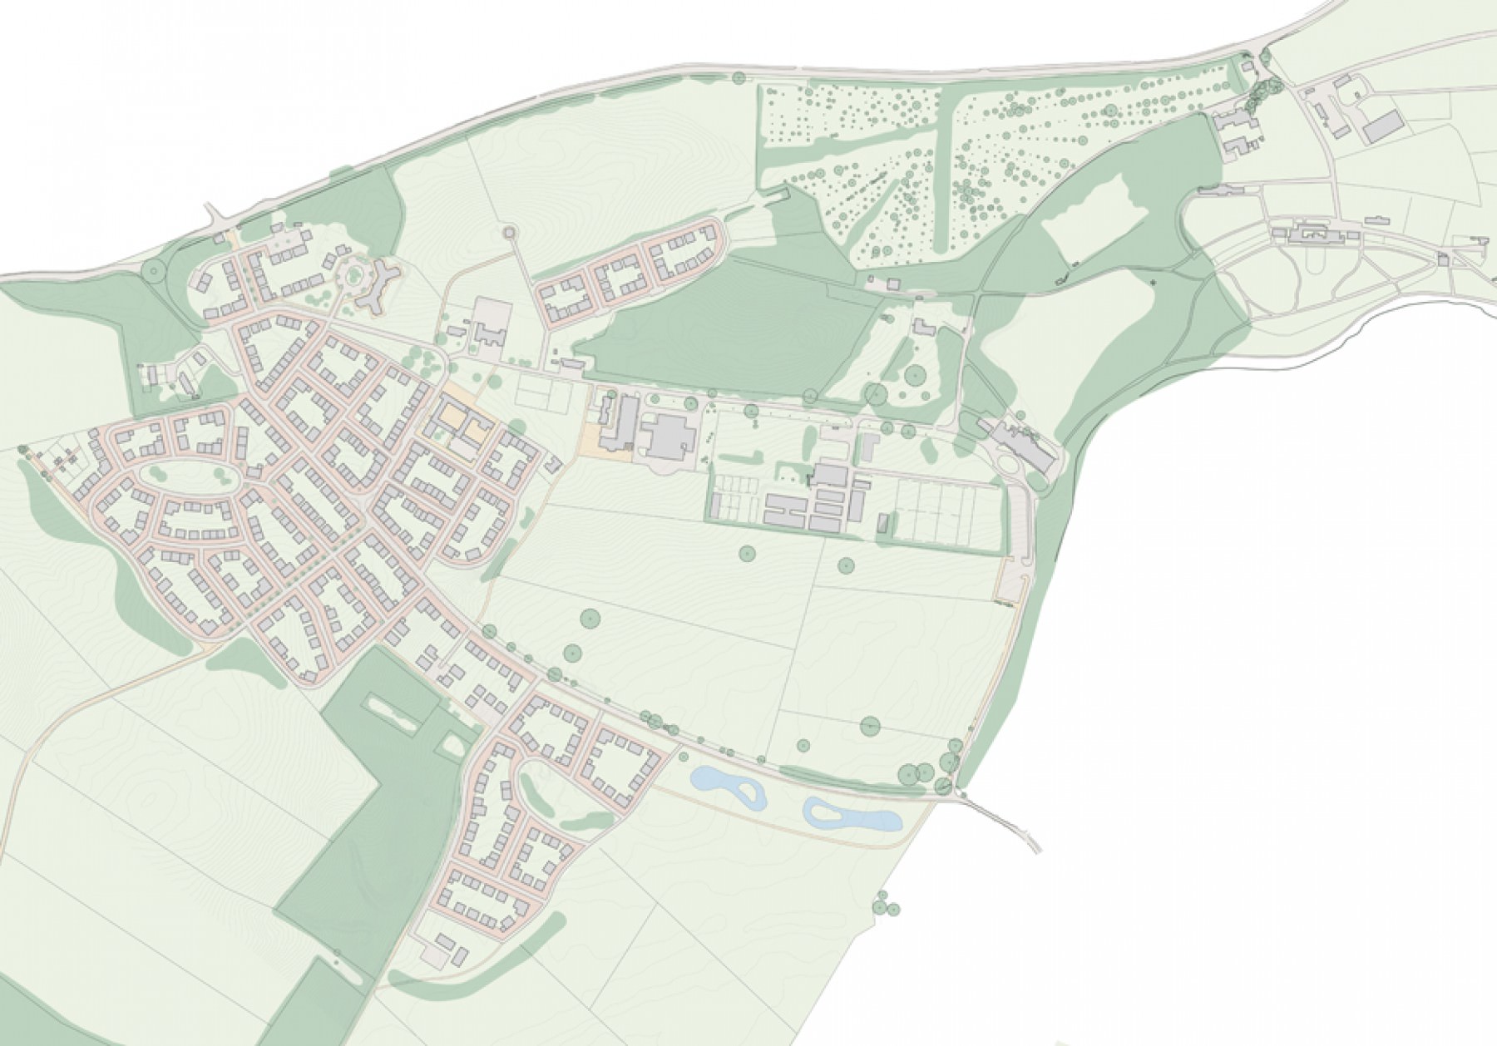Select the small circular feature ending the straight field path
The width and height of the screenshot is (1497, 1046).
point(510,233)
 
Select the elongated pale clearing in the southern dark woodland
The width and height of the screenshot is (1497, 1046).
point(390,713)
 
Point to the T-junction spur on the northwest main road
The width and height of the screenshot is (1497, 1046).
point(215,219)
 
